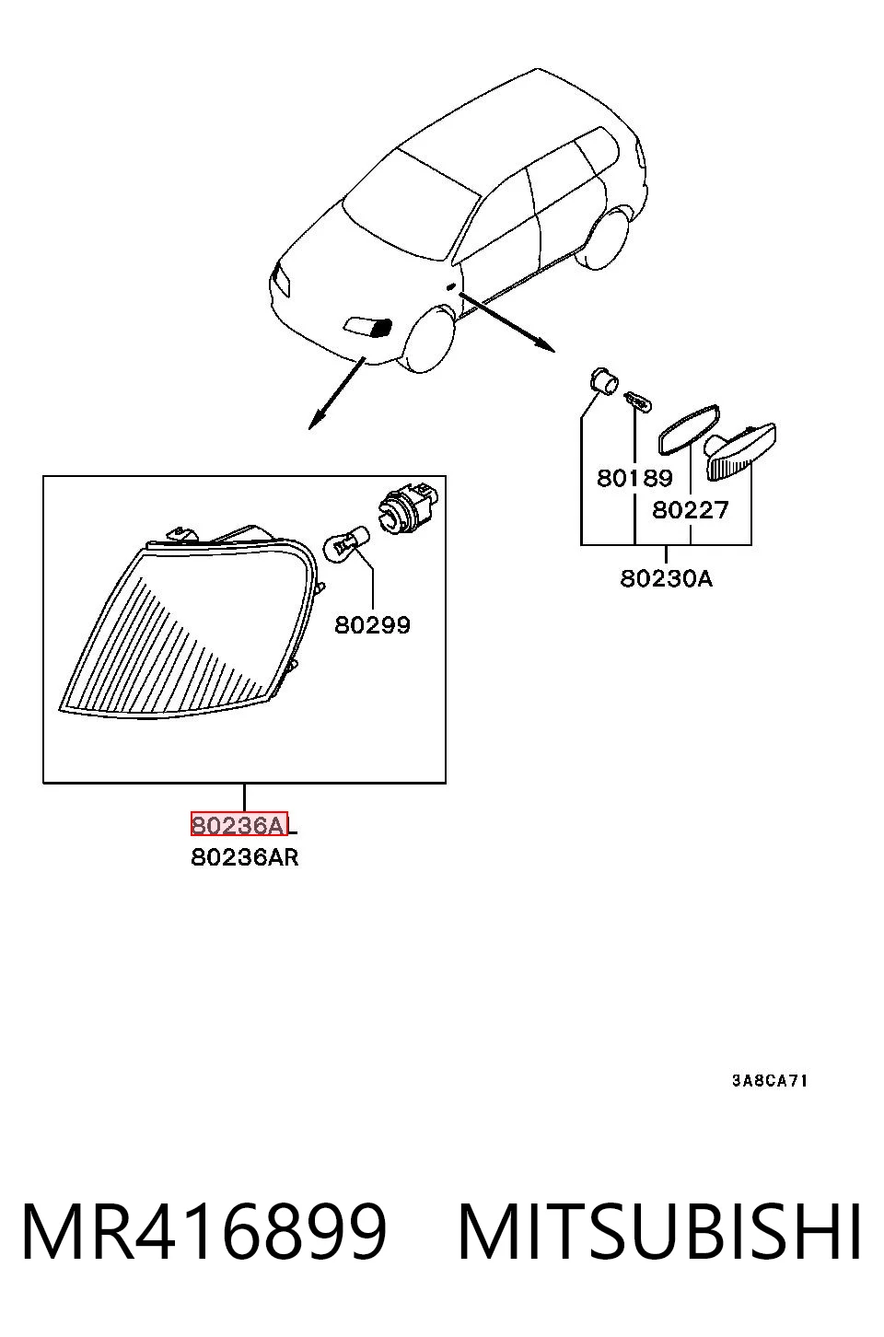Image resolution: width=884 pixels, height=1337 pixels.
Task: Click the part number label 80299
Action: coord(372,625)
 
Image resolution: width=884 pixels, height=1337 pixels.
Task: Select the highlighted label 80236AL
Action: coord(243,825)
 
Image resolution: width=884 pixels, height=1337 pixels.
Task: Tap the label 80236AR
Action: coord(244,857)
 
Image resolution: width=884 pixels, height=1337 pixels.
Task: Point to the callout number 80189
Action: coord(634,478)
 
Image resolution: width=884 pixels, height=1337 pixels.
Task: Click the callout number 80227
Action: coord(691,510)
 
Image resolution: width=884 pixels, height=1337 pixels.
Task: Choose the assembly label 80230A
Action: coord(666,578)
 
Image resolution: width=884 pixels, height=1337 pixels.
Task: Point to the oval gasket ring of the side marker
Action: coord(689,429)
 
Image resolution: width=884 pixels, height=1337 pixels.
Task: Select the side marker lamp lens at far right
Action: coord(740,453)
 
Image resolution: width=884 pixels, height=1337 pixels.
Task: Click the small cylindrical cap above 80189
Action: coord(604,381)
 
